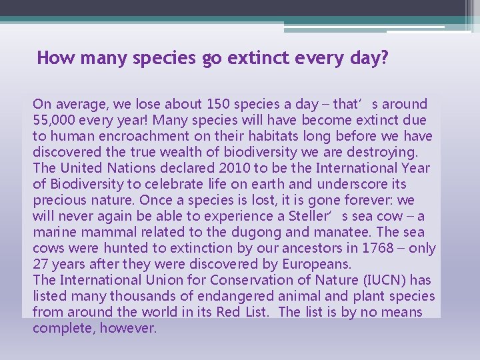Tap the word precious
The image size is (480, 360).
click(57, 200)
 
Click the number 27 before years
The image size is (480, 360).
click(41, 264)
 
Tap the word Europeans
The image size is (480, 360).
click(317, 264)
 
